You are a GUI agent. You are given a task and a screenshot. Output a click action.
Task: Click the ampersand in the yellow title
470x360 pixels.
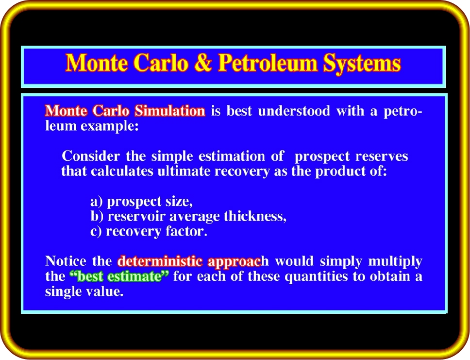[203, 63]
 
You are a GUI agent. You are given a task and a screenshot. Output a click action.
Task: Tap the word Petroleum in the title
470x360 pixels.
[268, 63]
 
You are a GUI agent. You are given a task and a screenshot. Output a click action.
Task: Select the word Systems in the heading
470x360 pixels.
[362, 64]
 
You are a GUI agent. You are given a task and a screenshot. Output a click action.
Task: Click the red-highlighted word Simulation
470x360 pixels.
[169, 111]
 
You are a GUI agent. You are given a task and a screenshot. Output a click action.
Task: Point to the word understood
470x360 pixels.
[294, 111]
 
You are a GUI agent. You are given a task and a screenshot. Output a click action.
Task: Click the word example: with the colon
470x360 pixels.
[110, 126]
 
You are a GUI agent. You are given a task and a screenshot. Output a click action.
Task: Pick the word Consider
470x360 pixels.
[91, 156]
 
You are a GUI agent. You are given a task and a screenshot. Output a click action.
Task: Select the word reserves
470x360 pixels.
[382, 156]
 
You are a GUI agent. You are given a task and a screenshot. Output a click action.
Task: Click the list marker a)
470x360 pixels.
[97, 201]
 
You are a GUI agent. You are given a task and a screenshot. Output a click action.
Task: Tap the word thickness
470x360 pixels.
[255, 216]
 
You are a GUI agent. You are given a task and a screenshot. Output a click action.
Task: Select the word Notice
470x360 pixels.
[66, 261]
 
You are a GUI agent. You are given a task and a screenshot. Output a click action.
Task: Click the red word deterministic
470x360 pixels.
[160, 261]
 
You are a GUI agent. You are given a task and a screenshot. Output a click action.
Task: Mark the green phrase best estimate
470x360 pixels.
[119, 276]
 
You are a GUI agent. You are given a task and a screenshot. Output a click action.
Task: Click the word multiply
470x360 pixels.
[395, 261]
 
